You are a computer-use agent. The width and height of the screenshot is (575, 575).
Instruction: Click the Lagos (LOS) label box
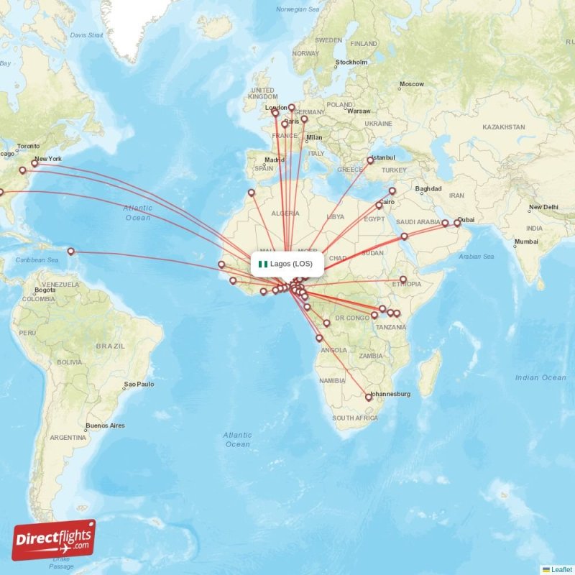287,264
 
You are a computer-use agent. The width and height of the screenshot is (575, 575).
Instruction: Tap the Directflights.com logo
54,540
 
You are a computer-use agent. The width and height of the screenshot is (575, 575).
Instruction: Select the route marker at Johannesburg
369,397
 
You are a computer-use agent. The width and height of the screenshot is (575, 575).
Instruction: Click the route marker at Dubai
457,223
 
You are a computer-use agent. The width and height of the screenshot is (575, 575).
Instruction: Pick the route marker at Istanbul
370,161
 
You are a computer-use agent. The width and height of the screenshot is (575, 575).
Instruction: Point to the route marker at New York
34,164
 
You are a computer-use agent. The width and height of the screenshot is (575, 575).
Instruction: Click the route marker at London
275,113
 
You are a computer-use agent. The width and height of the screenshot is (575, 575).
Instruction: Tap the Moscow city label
412,84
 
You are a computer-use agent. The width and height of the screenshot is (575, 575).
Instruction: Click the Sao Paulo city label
140,385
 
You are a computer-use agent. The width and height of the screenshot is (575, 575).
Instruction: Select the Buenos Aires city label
105,425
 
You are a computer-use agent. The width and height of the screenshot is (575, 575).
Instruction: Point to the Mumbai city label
526,241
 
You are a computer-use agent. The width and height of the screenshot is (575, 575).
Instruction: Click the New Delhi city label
543,208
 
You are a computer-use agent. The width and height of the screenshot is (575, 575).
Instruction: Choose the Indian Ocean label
540,377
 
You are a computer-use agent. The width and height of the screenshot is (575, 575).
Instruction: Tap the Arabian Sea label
476,257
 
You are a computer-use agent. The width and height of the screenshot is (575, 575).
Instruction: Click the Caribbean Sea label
37,259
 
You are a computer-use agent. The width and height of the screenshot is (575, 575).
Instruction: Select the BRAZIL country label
110,346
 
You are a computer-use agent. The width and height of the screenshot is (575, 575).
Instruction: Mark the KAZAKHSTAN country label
504,126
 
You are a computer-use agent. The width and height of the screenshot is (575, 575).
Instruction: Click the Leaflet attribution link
561,569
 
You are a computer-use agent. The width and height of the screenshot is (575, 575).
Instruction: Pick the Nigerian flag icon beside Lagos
263,264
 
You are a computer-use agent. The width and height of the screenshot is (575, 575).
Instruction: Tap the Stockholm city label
351,63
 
